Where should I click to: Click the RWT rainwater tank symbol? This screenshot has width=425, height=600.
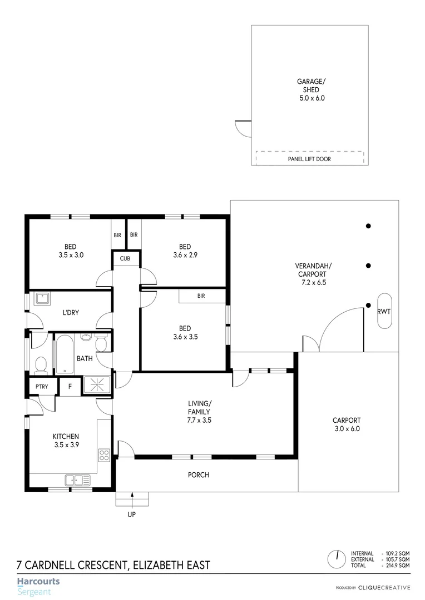click(x=384, y=312)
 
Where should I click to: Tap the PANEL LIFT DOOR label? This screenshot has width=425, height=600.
click(x=309, y=159)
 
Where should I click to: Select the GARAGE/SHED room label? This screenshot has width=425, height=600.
click(x=310, y=89)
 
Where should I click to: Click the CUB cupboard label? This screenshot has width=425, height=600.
click(x=125, y=258)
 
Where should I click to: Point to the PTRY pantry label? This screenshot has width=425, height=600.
click(x=41, y=387)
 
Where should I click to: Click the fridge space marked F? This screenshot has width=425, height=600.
click(x=70, y=387)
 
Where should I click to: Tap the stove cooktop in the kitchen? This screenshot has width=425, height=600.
click(x=104, y=456)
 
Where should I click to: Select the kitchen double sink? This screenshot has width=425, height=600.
click(x=73, y=479)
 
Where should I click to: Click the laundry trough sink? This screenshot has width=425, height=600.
click(x=43, y=299)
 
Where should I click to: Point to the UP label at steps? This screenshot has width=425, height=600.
click(x=132, y=514)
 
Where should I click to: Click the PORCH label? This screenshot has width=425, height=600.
click(x=199, y=475)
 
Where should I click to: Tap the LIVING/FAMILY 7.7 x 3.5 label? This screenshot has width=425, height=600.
click(x=199, y=412)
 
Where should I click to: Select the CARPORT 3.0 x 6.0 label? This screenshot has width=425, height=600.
click(x=347, y=424)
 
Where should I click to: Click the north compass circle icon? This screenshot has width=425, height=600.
click(x=337, y=558)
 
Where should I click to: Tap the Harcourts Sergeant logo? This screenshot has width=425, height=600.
click(x=38, y=586)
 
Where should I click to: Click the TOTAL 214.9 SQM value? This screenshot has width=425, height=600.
click(x=396, y=565)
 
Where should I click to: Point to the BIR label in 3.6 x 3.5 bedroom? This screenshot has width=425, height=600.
click(x=201, y=296)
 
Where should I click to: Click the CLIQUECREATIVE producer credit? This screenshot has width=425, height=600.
click(x=383, y=587)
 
